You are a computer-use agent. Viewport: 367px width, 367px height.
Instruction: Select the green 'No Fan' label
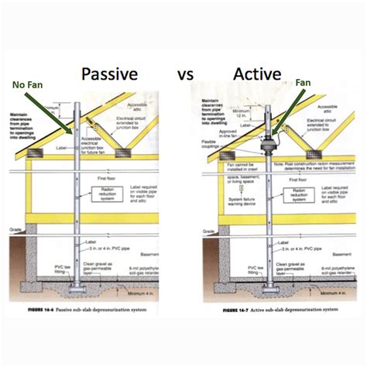click(27, 85)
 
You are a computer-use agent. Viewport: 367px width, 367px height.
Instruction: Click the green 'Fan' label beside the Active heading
click(302, 82)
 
